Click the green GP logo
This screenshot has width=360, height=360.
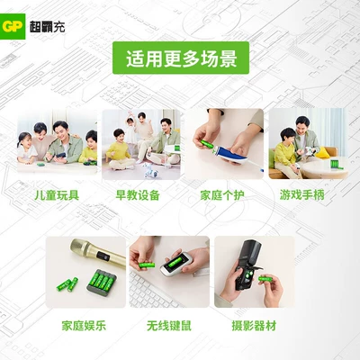(x=13, y=26)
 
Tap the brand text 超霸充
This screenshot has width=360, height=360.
(x=48, y=27)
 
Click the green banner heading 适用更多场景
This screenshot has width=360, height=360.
(x=181, y=58)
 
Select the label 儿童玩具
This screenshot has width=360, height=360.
(x=57, y=195)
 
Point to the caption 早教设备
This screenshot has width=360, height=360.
(x=138, y=195)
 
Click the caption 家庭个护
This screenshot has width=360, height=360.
(x=222, y=195)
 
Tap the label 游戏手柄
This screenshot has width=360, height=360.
(x=302, y=195)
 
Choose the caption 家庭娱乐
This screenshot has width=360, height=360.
(x=84, y=326)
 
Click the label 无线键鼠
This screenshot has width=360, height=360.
(x=169, y=326)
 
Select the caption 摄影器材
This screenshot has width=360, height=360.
(x=254, y=326)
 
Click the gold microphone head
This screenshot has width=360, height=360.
(x=79, y=247)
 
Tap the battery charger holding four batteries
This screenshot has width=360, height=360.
(x=102, y=283)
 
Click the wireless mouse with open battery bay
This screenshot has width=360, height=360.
(x=175, y=264)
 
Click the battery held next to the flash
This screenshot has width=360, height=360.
(x=266, y=279)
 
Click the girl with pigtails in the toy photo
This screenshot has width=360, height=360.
(x=25, y=148)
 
